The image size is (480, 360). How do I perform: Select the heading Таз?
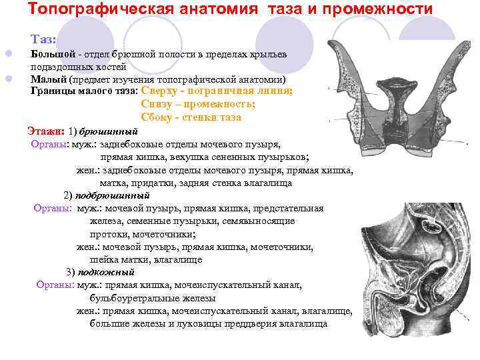pos(44,40)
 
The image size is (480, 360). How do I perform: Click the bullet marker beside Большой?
pos(8,54)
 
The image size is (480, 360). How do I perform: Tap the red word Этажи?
pos(46,130)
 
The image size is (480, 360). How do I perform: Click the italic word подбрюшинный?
pos(112,195)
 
